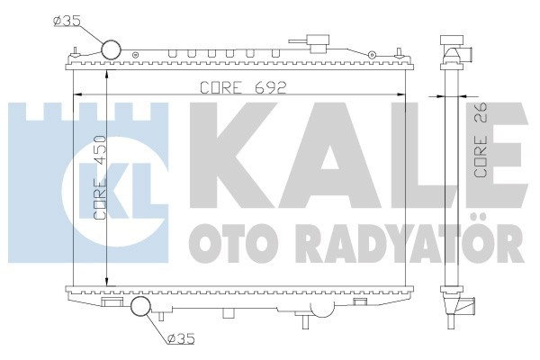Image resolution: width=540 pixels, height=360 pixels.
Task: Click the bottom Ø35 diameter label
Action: (178, 339)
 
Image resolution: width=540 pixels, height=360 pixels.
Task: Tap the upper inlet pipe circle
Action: (112, 50)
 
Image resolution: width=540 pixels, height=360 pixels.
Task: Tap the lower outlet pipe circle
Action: (142, 308)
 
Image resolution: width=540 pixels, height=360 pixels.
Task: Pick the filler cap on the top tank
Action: (315, 42)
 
